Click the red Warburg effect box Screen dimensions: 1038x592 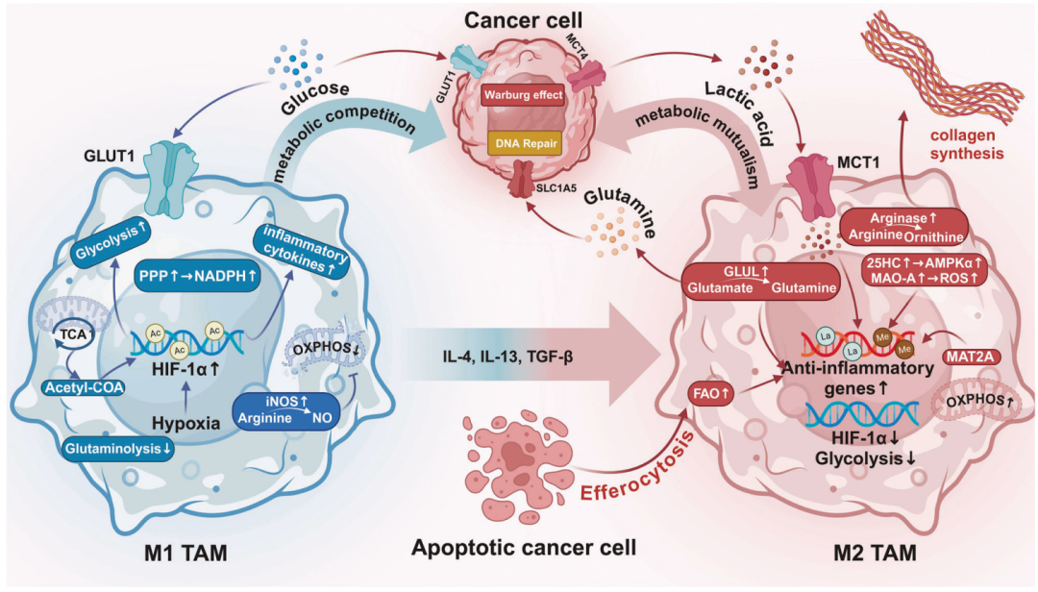(x=523, y=95)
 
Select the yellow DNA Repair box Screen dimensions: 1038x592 (x=524, y=143)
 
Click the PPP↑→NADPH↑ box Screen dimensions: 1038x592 (x=198, y=276)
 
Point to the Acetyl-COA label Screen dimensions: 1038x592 (x=84, y=387)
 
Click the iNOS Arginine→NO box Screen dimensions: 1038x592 (x=286, y=410)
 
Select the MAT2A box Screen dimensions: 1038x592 (x=971, y=357)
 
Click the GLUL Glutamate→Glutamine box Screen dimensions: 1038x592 (x=761, y=280)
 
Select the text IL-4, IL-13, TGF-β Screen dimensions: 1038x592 (x=507, y=358)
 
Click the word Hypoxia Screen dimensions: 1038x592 (x=186, y=423)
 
